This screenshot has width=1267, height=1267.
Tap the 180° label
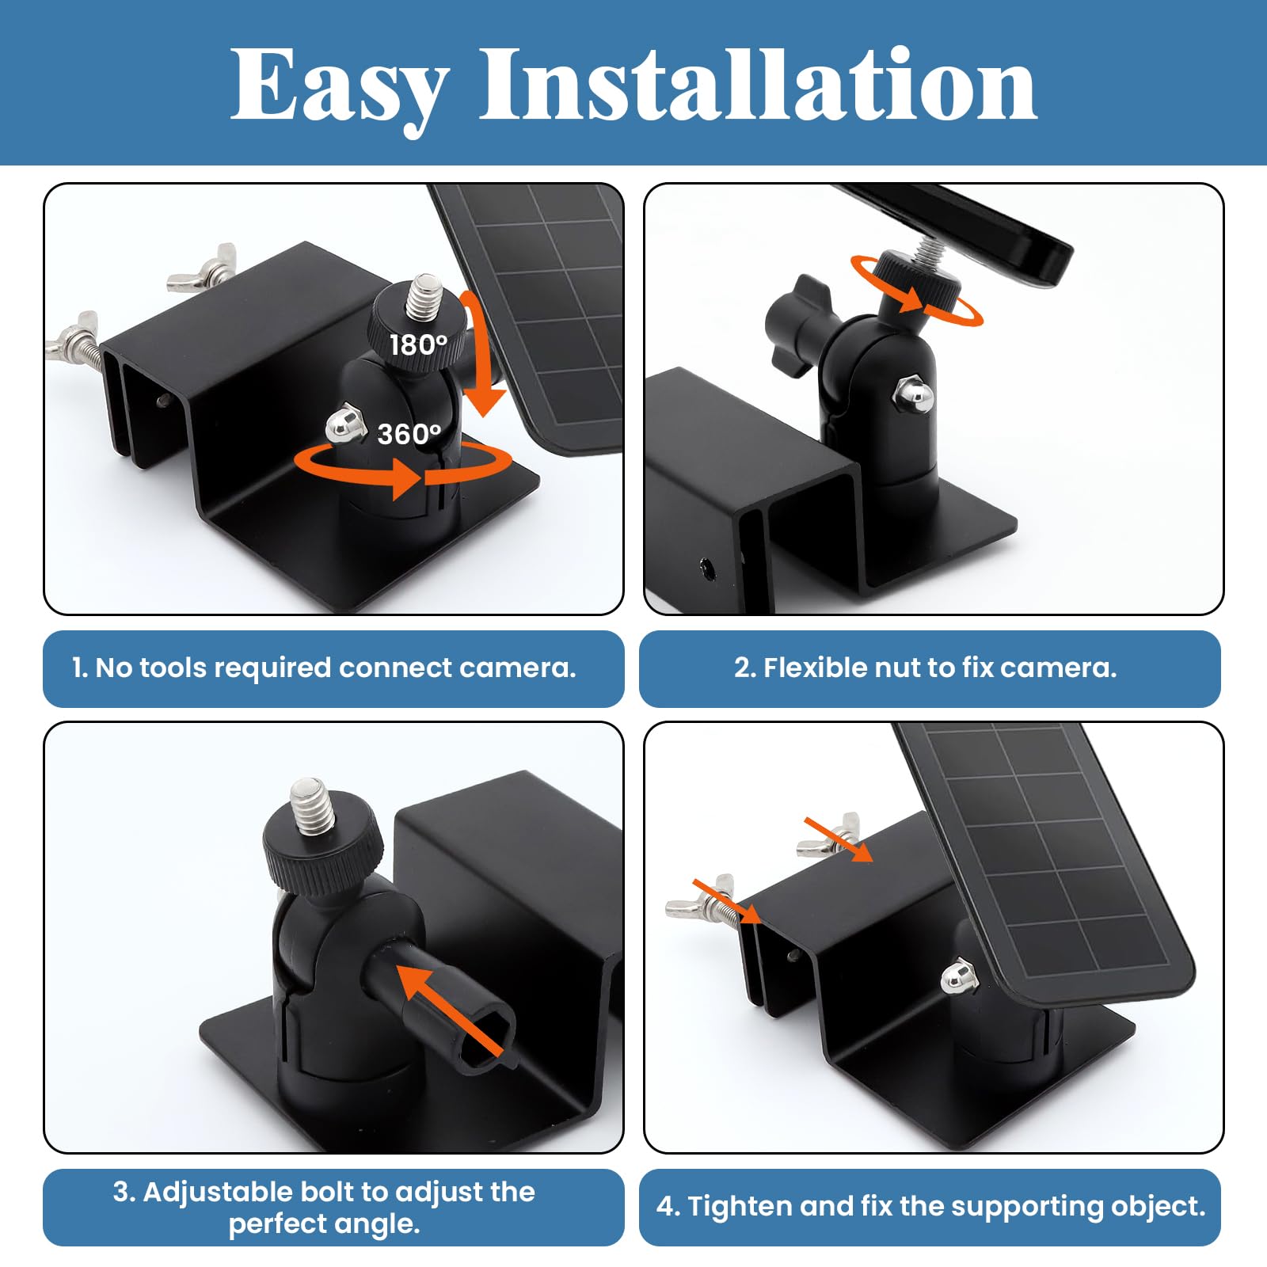click(418, 345)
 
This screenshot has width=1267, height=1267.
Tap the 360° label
click(409, 434)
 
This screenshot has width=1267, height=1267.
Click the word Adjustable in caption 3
click(218, 1192)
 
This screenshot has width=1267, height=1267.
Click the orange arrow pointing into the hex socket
click(447, 1009)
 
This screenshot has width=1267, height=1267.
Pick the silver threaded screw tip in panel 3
click(309, 806)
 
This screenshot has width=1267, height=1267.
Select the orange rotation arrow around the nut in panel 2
click(916, 292)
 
